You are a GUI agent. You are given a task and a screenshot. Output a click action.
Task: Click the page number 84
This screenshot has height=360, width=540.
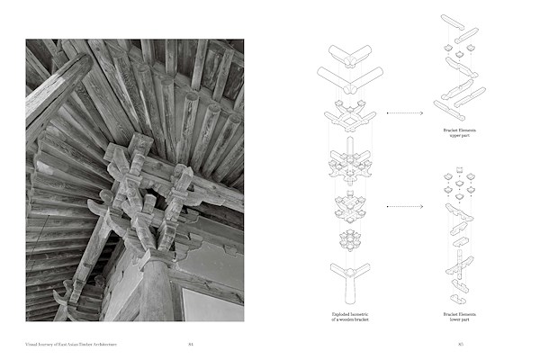[x=191, y=342]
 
